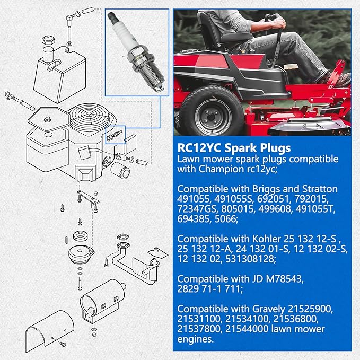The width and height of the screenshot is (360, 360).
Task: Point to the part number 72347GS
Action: coord(197,209)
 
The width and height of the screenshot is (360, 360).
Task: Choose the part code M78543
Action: coord(284,279)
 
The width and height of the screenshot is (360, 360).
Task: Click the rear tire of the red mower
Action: coord(211,111)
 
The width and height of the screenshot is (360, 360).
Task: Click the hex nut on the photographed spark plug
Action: coord(137,55)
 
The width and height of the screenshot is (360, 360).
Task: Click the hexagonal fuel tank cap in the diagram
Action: coord(48,40)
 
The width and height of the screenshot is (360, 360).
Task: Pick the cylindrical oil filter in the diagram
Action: coord(120,170)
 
